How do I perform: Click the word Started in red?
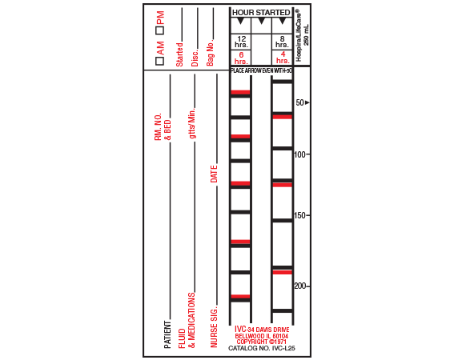tap(179, 54)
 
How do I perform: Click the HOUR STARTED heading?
tap(260, 13)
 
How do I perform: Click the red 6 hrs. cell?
tap(241, 58)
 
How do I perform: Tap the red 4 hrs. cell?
tap(283, 58)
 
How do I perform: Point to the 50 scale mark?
tap(301, 102)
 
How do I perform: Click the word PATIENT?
tap(168, 334)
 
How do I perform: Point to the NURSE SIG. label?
tap(214, 326)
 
